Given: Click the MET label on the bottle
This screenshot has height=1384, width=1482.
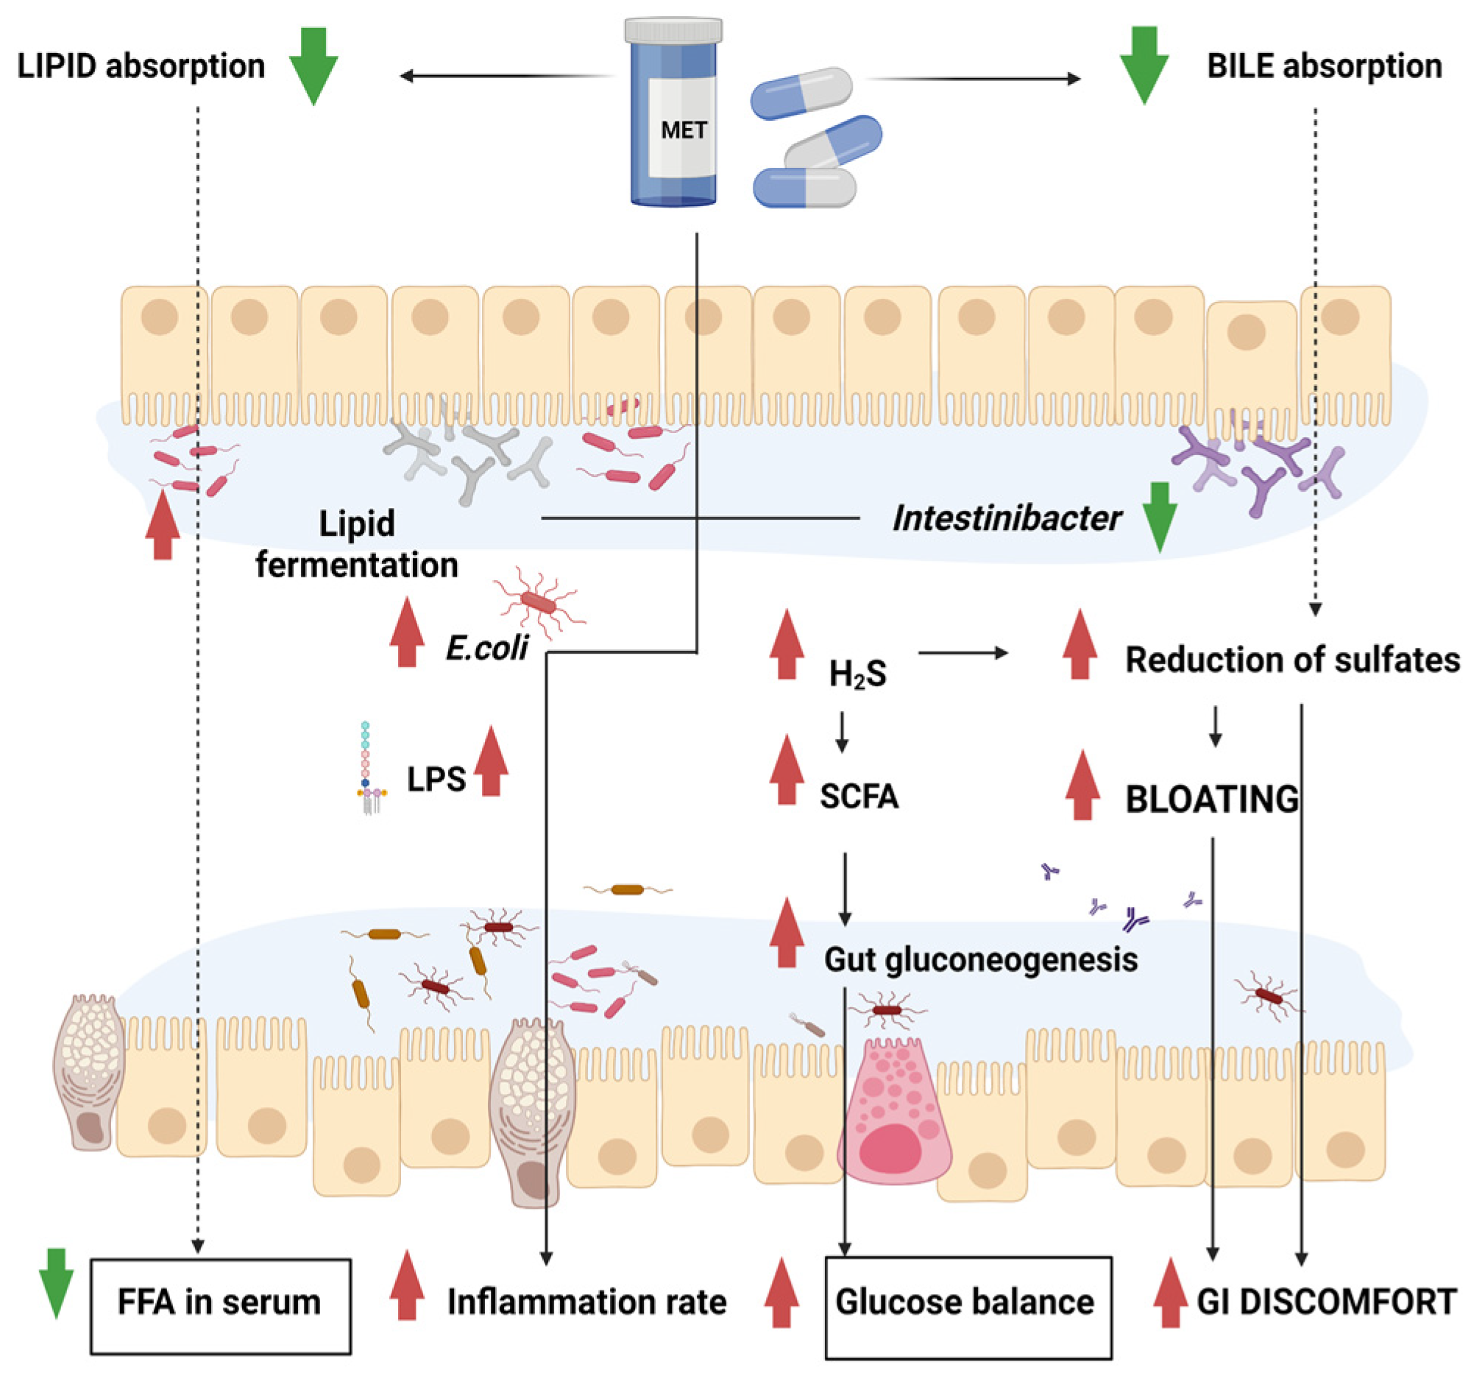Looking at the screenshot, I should [683, 130].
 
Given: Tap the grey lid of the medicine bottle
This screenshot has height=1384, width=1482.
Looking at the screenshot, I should [673, 30].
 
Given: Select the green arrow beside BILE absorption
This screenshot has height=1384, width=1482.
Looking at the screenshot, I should [1144, 66].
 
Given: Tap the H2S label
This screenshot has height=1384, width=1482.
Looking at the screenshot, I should [857, 674].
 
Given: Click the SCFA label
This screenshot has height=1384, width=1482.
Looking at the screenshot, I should [859, 797].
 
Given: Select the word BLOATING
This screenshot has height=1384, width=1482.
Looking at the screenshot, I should [1211, 799].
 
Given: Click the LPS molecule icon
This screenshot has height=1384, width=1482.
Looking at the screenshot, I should [367, 768].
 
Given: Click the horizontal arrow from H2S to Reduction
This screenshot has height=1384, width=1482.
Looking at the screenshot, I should [962, 653].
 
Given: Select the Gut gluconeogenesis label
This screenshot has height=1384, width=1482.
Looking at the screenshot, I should [980, 960].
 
